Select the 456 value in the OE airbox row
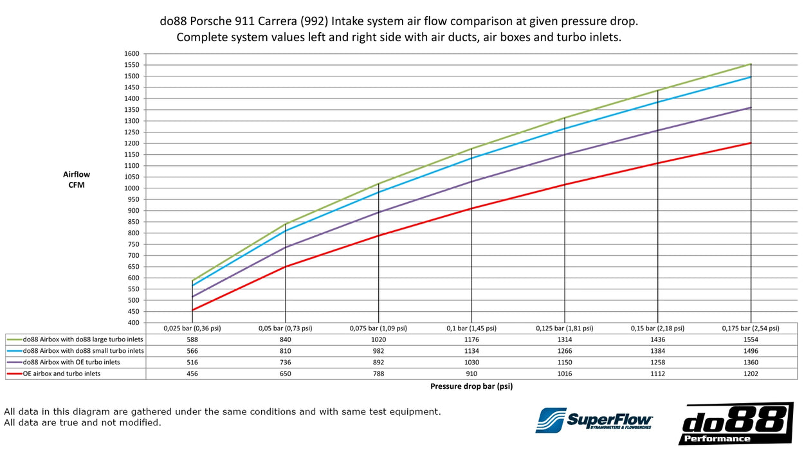192,373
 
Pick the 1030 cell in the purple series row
471,363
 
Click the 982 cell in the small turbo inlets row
378,351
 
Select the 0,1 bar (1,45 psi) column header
471,328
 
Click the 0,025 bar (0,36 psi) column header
192,328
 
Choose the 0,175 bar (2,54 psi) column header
749,328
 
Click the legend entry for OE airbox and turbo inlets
62,373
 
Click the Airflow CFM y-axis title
77,179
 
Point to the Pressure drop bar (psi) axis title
471,386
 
